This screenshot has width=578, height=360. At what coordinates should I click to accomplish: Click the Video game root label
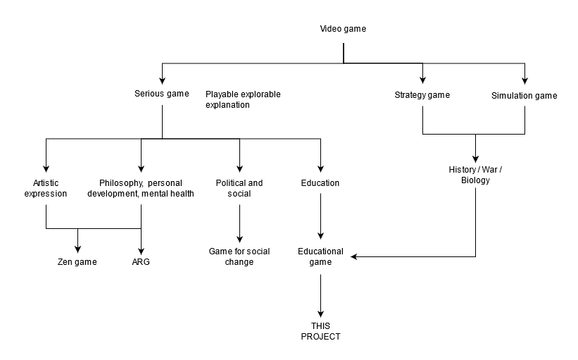[x=343, y=29]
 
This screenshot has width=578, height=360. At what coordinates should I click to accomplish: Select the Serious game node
[x=162, y=94]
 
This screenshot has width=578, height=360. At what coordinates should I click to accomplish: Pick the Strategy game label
[x=422, y=95]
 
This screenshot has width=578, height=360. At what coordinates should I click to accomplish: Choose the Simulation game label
[x=524, y=96]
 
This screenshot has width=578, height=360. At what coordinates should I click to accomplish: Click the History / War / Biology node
[x=475, y=175]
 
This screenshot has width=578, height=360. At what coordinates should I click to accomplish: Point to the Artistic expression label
[x=46, y=188]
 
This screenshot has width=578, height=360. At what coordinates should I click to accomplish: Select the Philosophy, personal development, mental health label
[x=141, y=188]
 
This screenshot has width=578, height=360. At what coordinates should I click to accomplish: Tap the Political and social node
[x=239, y=188]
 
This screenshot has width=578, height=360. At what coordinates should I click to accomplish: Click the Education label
[x=320, y=183]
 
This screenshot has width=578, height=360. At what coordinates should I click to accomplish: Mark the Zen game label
[x=77, y=262]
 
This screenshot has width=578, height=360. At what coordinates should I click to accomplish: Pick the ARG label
[x=141, y=262]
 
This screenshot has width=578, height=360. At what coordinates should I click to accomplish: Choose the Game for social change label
[x=239, y=256]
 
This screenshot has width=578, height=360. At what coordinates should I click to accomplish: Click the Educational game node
[x=320, y=256]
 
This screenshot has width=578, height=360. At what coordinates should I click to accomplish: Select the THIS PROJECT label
[x=320, y=331]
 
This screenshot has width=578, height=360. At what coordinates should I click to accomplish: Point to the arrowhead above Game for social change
[x=239, y=238]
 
